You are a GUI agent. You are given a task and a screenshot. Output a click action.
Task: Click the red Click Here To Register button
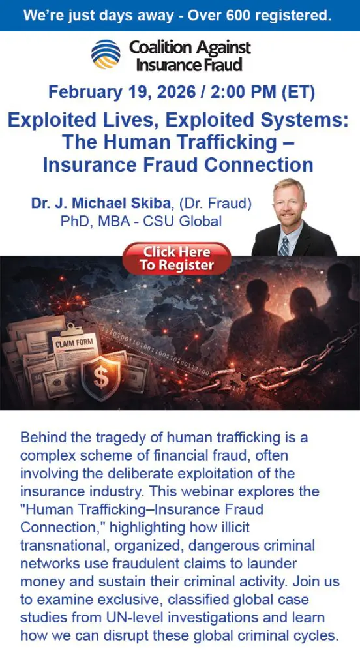177,258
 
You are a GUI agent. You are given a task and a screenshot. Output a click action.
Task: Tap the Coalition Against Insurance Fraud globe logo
106,54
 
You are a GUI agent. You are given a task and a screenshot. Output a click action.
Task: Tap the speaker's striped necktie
284,246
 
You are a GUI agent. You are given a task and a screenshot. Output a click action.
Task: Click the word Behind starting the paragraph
42,438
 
